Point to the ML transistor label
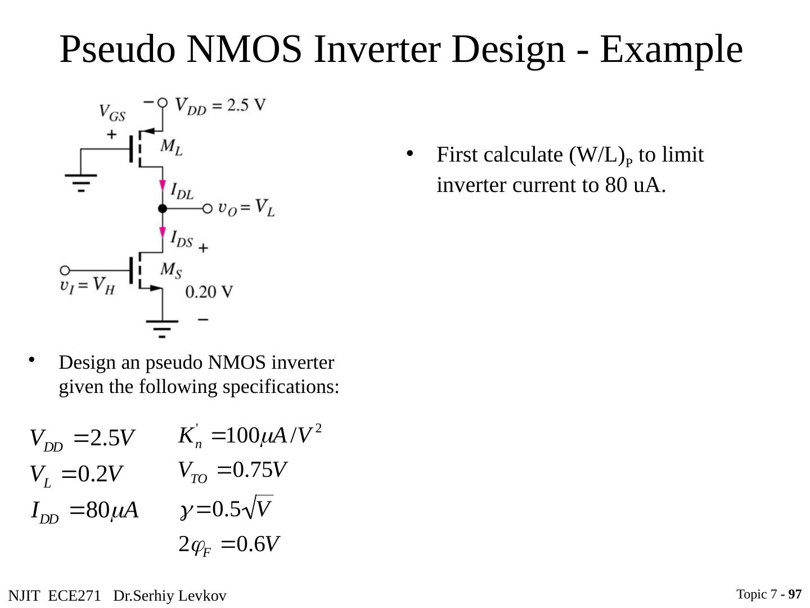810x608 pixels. (x=171, y=147)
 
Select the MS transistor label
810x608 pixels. (x=171, y=270)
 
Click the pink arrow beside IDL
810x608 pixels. (x=163, y=186)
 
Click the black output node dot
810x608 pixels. (x=163, y=209)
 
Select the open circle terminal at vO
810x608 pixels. (x=207, y=209)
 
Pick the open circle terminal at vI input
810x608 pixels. (x=65, y=270)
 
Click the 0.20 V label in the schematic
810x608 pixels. (x=209, y=292)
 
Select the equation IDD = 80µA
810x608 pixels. (x=84, y=512)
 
